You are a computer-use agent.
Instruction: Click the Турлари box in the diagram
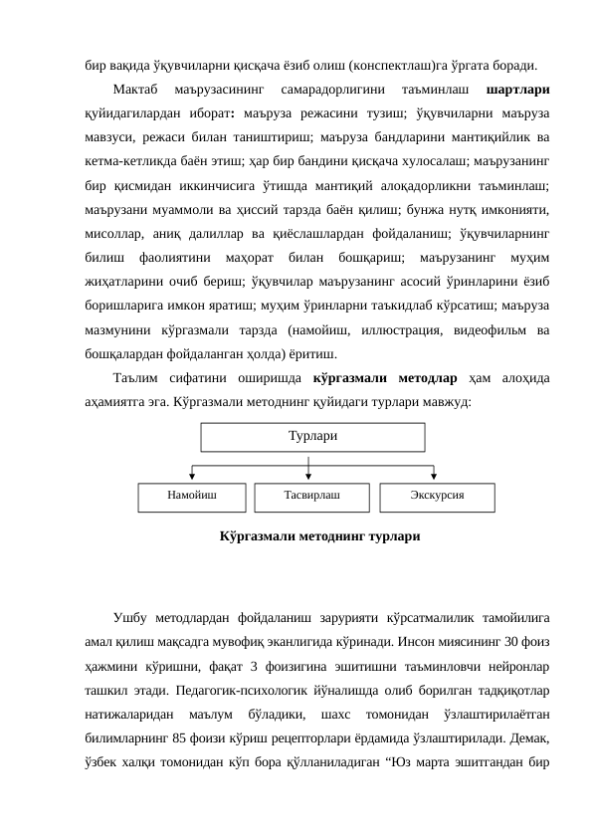click(311, 437)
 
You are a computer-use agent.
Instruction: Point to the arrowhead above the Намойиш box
click(191, 477)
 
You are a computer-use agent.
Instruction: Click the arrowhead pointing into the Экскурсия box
click(437, 477)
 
